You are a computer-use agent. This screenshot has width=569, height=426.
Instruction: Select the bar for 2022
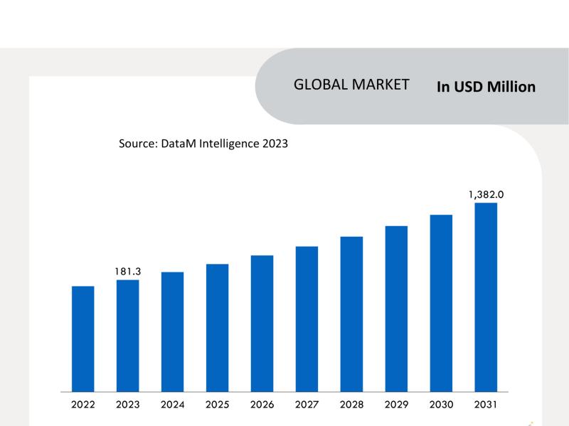(x=83, y=339)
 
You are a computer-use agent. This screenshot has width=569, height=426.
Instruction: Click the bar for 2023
(x=127, y=336)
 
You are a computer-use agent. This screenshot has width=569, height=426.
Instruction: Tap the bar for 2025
(x=217, y=328)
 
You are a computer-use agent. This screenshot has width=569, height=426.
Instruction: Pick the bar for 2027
(x=307, y=319)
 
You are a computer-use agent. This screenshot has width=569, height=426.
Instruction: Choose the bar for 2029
(x=396, y=309)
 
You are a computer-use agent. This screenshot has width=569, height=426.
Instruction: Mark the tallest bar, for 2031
(x=486, y=297)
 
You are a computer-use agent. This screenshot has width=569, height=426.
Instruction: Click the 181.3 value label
(x=127, y=271)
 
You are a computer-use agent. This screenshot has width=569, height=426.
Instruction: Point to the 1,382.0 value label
(x=486, y=193)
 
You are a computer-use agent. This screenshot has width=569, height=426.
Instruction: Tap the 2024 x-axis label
(x=172, y=405)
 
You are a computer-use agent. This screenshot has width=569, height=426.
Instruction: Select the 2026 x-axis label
(x=262, y=405)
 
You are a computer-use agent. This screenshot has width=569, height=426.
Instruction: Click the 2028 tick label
(x=351, y=405)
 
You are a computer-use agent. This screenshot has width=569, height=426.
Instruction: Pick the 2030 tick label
(x=441, y=405)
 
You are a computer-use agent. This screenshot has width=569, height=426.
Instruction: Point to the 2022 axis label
(x=83, y=405)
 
